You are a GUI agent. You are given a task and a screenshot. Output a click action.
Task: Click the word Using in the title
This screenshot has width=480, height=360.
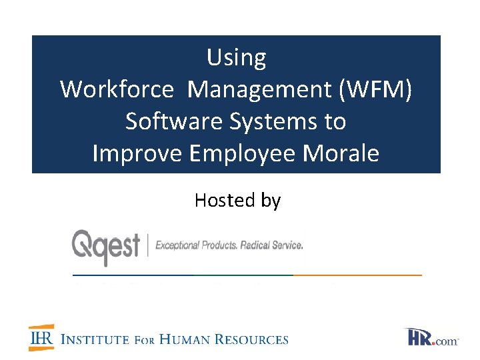click(x=236, y=58)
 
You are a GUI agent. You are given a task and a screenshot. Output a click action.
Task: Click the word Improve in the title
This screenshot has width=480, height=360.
click(x=137, y=153)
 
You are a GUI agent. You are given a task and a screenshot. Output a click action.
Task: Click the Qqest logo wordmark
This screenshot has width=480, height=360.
click(x=106, y=245)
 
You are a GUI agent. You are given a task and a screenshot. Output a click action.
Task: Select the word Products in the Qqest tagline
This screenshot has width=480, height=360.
click(x=219, y=245)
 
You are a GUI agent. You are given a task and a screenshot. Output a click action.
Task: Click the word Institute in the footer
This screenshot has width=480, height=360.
click(x=95, y=339)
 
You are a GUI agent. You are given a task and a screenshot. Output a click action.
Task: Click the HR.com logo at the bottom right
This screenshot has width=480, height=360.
click(x=432, y=337)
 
